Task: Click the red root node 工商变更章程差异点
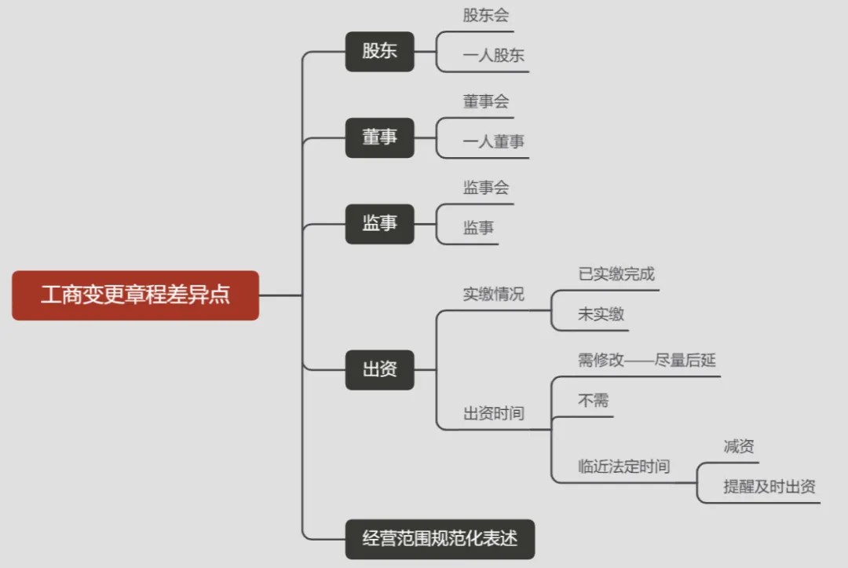tap(135, 295)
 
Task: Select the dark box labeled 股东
tap(379, 51)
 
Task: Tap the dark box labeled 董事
tap(379, 137)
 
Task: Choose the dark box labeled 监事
tap(379, 224)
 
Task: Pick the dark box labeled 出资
tap(379, 369)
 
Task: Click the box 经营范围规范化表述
tap(440, 539)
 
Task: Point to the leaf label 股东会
tap(486, 16)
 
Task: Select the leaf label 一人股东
tap(493, 56)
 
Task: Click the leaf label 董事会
tap(486, 101)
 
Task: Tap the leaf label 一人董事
tap(493, 142)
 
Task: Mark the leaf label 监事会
tap(486, 188)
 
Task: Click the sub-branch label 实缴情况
tap(493, 295)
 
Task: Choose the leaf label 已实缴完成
tap(616, 274)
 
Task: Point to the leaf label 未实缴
tap(601, 314)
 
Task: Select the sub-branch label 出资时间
tap(493, 414)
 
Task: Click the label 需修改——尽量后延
tap(646, 361)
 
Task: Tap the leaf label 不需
tap(593, 401)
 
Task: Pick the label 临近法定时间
tap(623, 467)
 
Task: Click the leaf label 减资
tap(738, 446)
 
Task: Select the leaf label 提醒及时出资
tap(769, 486)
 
